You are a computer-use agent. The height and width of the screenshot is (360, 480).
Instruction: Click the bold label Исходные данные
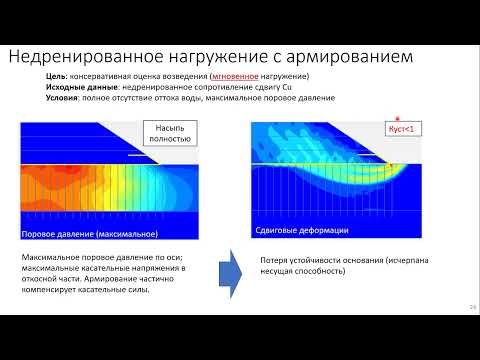77,87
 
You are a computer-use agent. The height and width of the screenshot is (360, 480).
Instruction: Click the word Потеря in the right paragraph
274,257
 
